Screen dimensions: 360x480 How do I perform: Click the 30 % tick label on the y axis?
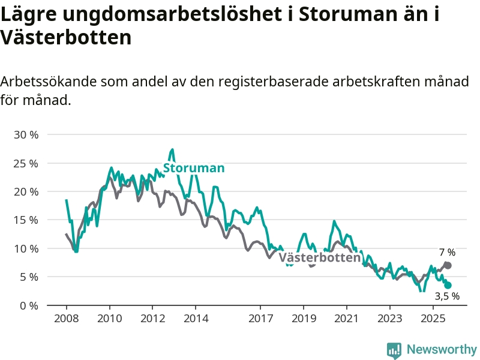26,134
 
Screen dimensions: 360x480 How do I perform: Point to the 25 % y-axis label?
26,163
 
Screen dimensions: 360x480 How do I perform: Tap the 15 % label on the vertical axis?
26,220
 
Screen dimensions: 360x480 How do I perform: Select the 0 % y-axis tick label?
29,305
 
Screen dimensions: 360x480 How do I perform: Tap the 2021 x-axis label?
347,317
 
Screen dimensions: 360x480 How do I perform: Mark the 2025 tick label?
433,317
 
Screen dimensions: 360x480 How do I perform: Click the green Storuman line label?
194,168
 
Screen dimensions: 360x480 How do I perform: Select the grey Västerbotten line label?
320,258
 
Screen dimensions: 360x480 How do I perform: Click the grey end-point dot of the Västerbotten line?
448,265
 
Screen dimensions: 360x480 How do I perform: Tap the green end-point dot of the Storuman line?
448,286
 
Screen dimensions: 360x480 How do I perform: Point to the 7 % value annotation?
447,253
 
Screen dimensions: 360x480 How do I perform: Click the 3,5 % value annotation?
447,296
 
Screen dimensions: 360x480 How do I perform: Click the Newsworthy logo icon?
394,350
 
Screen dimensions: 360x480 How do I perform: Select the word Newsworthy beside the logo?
442,349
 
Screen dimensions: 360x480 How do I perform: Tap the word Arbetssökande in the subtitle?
47,82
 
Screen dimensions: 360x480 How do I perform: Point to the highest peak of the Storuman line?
172,149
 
